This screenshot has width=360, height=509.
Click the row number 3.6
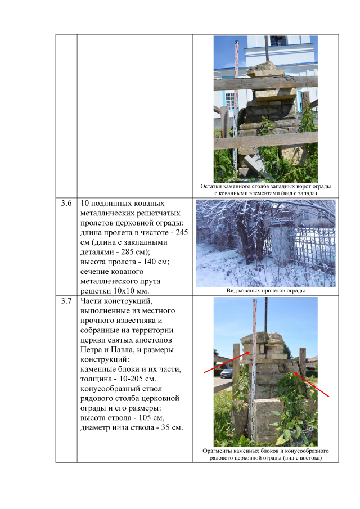click(66, 203)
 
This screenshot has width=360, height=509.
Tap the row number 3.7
click(66, 301)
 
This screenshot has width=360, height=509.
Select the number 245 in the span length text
click(182, 232)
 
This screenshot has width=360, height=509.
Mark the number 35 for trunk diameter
click(165, 427)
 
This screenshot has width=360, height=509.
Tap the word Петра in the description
click(91, 350)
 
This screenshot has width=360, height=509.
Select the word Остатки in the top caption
click(211, 186)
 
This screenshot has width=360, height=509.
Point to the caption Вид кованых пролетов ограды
click(265, 291)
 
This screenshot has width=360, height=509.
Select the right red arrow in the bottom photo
click(311, 385)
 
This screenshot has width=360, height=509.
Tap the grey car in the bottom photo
click(227, 373)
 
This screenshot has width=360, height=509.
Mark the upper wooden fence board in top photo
click(265, 83)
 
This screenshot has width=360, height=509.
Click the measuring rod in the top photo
click(236, 107)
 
